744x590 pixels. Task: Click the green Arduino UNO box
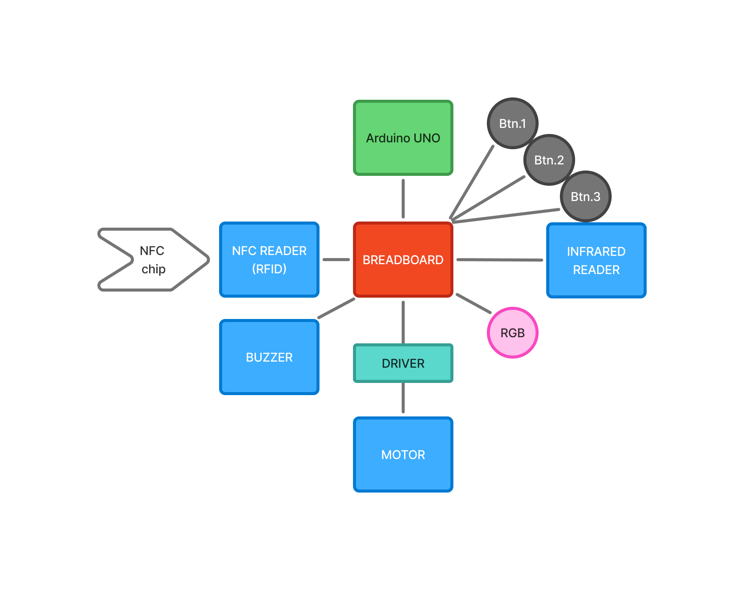[403, 138]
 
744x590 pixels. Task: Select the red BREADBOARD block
[403, 260]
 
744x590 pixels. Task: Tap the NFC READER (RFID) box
[269, 260]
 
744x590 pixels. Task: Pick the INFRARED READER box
[596, 260]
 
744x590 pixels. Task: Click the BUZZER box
[269, 357]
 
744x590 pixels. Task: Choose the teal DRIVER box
[403, 363]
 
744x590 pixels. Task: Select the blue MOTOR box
[403, 454]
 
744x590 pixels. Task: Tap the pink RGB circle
[512, 333]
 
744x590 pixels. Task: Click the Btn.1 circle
[512, 123]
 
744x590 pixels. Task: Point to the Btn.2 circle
[549, 160]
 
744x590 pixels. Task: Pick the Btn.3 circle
[585, 196]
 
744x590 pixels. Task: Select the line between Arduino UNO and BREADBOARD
[403, 199]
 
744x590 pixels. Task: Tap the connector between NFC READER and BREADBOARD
[336, 260]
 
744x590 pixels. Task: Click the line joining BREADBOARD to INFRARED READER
[499, 260]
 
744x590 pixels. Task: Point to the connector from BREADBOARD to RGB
[474, 303]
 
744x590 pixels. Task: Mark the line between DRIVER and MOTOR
[403, 398]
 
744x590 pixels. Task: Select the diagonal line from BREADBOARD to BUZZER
[336, 308]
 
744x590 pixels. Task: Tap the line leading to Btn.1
[472, 182]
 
